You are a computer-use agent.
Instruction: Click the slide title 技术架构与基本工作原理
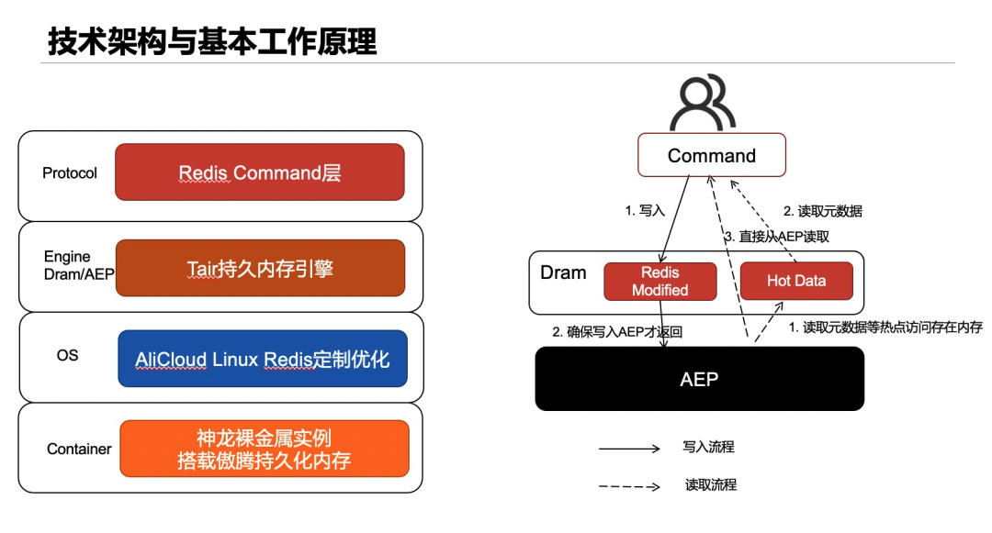pyautogui.click(x=212, y=41)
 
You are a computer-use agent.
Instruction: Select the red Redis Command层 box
pyautogui.click(x=259, y=172)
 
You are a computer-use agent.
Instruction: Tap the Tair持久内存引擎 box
pyautogui.click(x=259, y=268)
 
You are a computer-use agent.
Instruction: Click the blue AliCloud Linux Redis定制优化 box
pyautogui.click(x=263, y=359)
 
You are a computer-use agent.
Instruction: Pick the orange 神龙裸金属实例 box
pyautogui.click(x=264, y=449)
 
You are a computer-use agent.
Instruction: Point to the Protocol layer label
pyautogui.click(x=70, y=172)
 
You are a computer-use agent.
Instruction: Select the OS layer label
pyautogui.click(x=67, y=356)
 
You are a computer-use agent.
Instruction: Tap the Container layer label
pyautogui.click(x=79, y=449)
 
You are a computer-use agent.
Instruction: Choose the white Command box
pyautogui.click(x=712, y=155)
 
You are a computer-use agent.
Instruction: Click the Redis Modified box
pyautogui.click(x=659, y=281)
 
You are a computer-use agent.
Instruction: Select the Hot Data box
pyautogui.click(x=796, y=281)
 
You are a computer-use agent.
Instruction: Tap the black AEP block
pyautogui.click(x=699, y=379)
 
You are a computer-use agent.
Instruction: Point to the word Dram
pyautogui.click(x=563, y=272)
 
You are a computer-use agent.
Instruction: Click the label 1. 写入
pyautogui.click(x=645, y=210)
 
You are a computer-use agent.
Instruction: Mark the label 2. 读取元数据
pyautogui.click(x=822, y=211)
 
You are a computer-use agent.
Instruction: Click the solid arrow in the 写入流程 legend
pyautogui.click(x=629, y=449)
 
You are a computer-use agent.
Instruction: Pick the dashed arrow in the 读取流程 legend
pyautogui.click(x=629, y=486)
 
